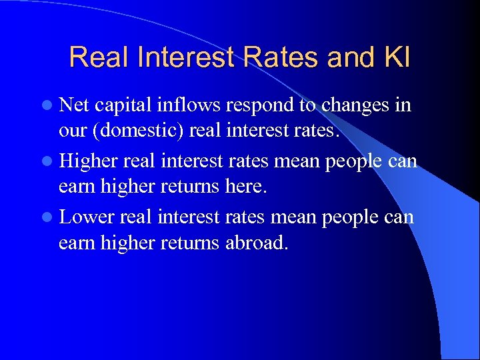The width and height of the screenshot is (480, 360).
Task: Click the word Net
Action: click(74, 105)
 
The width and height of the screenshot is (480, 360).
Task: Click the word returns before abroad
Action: click(190, 243)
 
